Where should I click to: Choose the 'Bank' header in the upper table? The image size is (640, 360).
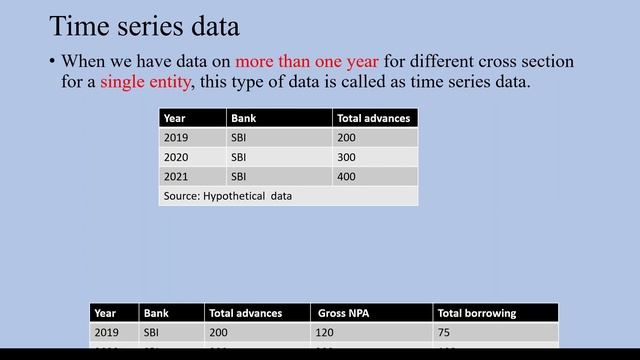pos(243,118)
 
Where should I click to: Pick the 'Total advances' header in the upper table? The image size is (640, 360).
pos(373,118)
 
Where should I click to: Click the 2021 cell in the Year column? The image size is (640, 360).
pos(176,176)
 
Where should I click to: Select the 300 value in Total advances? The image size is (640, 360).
pos(346,157)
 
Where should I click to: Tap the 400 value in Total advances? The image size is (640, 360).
pos(346,176)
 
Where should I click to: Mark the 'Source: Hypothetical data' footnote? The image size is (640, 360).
pos(227,196)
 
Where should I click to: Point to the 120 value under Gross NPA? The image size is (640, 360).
pos(324,332)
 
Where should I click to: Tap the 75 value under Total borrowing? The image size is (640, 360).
pos(444,332)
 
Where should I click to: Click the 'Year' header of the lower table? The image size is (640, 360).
pos(105,313)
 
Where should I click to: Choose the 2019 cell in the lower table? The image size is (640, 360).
pos(106,332)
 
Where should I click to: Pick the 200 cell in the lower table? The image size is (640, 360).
pos(218,332)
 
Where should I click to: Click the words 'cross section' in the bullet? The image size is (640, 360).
pos(519,62)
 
